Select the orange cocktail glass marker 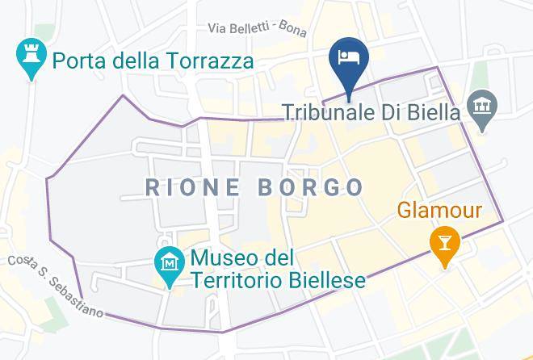443,241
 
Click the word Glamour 439,211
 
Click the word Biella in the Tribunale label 434,112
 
